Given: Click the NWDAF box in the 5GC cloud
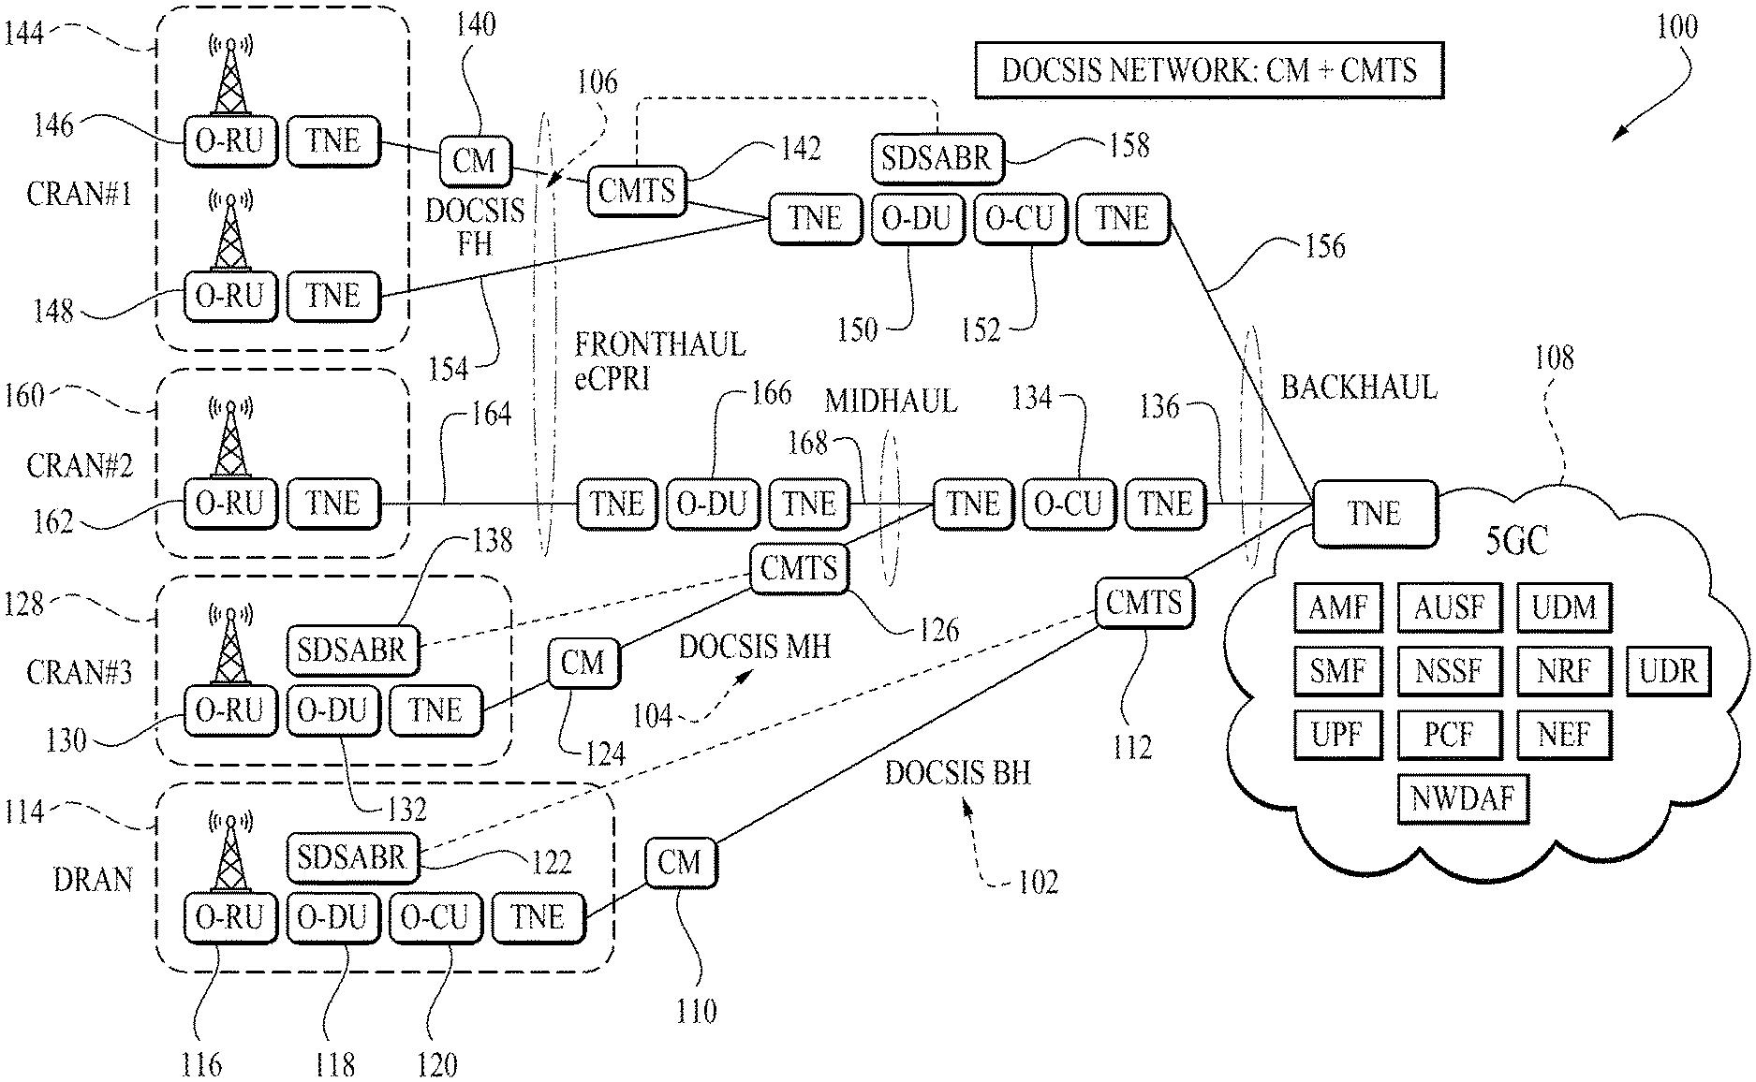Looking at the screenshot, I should point(1462,798).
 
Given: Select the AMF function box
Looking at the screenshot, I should point(1337,607).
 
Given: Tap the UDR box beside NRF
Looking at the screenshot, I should point(1668,671).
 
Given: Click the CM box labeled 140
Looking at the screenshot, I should point(475,160).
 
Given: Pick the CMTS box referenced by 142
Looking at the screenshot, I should point(637,191).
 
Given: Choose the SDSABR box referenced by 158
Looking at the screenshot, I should point(937,157).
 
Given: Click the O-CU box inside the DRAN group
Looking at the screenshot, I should point(435,916).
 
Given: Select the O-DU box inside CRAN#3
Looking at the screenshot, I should point(332,710).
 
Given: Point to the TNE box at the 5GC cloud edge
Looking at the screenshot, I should point(1374,513).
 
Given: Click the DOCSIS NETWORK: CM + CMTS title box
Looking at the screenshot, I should point(1209,70).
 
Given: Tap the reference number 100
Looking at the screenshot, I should point(1676,25).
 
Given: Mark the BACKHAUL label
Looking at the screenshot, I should point(1358,387).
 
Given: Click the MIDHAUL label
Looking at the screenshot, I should point(890,401).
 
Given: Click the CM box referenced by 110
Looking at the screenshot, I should point(680,861).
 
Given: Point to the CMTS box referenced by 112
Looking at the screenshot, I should point(1144,602).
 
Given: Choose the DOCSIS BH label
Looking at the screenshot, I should point(957,772).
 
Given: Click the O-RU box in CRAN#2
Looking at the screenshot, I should point(230,504).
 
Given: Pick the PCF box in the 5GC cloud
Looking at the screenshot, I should point(1449,735).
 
